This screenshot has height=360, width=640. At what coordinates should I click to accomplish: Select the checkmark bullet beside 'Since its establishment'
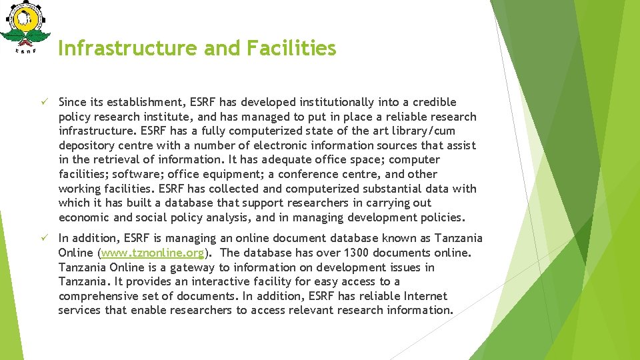click(x=41, y=102)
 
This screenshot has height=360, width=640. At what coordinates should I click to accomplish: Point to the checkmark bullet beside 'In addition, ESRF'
click(x=41, y=238)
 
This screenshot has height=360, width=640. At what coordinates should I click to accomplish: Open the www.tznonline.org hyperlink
click(x=153, y=253)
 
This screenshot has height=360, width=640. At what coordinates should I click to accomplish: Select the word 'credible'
click(x=435, y=102)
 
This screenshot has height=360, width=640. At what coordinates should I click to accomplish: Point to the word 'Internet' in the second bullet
click(x=422, y=296)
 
